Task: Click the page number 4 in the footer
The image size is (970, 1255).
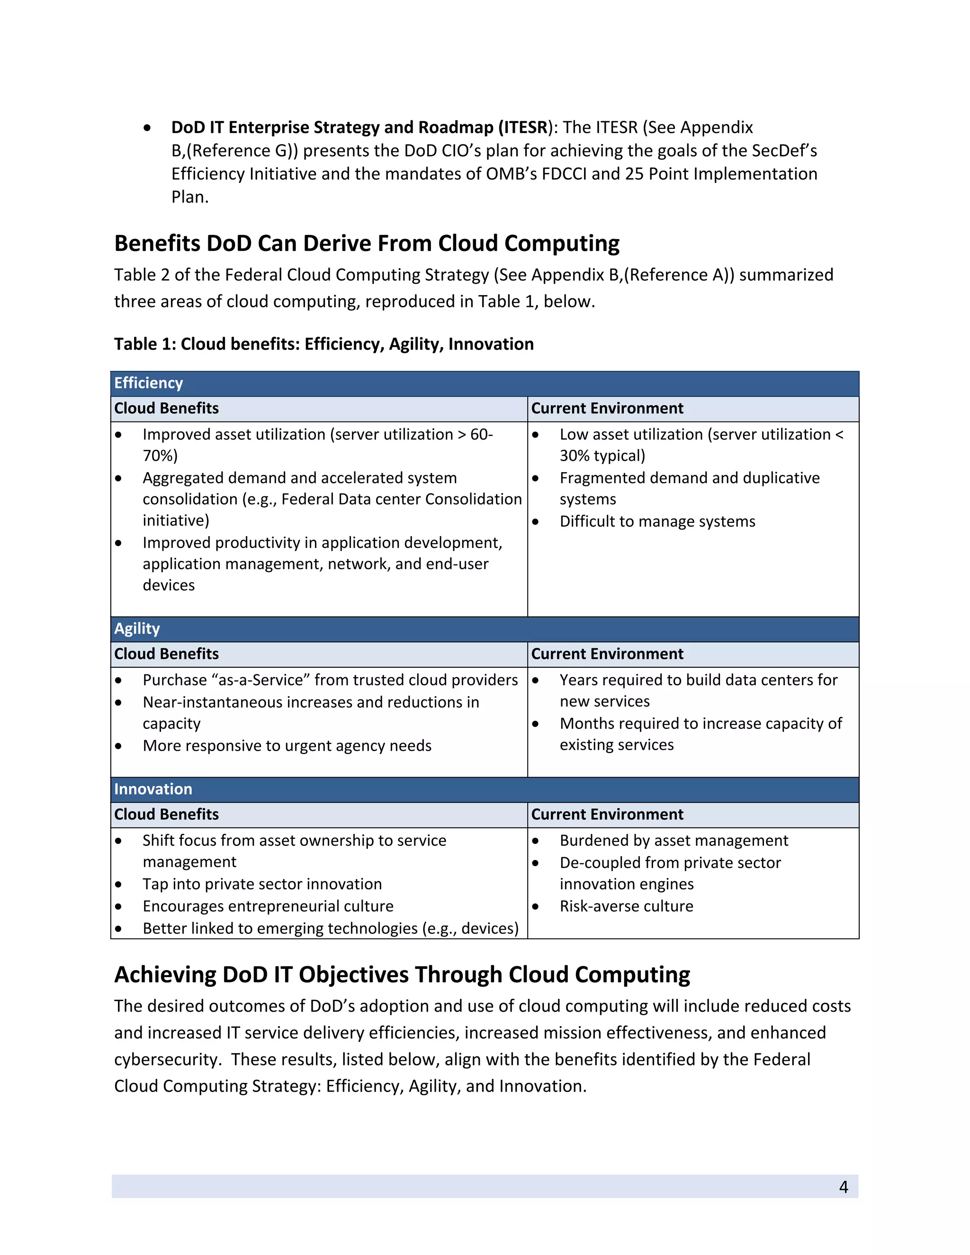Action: coord(843,1187)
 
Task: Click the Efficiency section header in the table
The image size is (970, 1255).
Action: coord(148,383)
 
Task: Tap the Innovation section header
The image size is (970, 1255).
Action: coord(153,789)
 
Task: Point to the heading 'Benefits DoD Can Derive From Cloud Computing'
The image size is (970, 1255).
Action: coord(367,243)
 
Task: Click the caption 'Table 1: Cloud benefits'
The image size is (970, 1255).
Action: coord(323,344)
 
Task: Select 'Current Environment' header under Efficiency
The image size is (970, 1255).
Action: coord(607,409)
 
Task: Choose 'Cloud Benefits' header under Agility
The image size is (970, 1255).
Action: coord(166,654)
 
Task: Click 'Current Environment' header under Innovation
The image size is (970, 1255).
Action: coord(607,814)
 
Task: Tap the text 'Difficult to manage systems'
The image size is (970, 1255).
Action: coord(657,521)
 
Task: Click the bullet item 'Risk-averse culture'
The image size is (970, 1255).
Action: coord(626,906)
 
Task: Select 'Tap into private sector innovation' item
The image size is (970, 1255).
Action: coord(262,884)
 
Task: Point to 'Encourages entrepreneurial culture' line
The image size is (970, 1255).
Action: coord(268,906)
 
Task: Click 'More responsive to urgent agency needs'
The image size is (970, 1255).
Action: coord(287,746)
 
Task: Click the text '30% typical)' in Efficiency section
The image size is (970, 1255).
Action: coord(602,456)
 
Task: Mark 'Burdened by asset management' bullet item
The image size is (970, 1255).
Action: coord(674,841)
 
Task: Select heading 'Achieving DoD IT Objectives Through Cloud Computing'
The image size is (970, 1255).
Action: coord(402,975)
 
